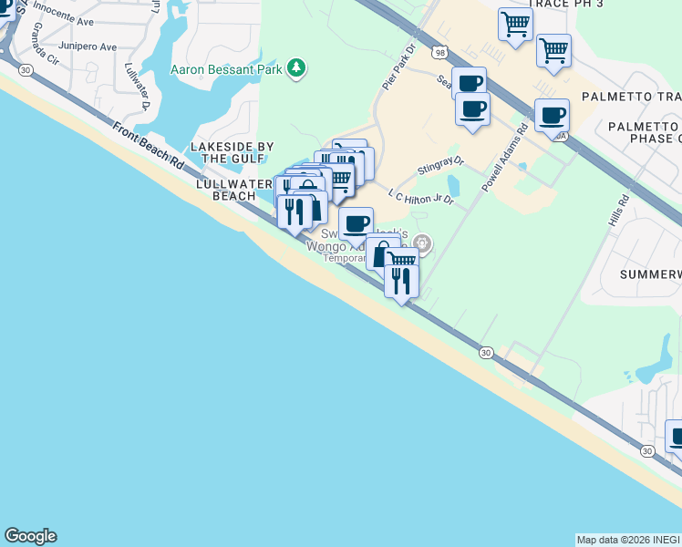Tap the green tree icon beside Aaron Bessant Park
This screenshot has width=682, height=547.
pyautogui.click(x=295, y=68)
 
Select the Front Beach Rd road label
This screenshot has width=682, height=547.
pyautogui.click(x=149, y=144)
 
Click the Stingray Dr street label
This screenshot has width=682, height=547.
pyautogui.click(x=440, y=165)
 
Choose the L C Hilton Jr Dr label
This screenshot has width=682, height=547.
pyautogui.click(x=420, y=196)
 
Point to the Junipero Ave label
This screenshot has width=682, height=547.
pyautogui.click(x=87, y=46)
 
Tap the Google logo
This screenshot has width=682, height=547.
pyautogui.click(x=30, y=536)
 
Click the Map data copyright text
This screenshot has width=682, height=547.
pyautogui.click(x=628, y=540)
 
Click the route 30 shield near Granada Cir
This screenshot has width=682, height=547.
pyautogui.click(x=25, y=70)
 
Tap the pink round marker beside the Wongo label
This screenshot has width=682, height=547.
pyautogui.click(x=421, y=243)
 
